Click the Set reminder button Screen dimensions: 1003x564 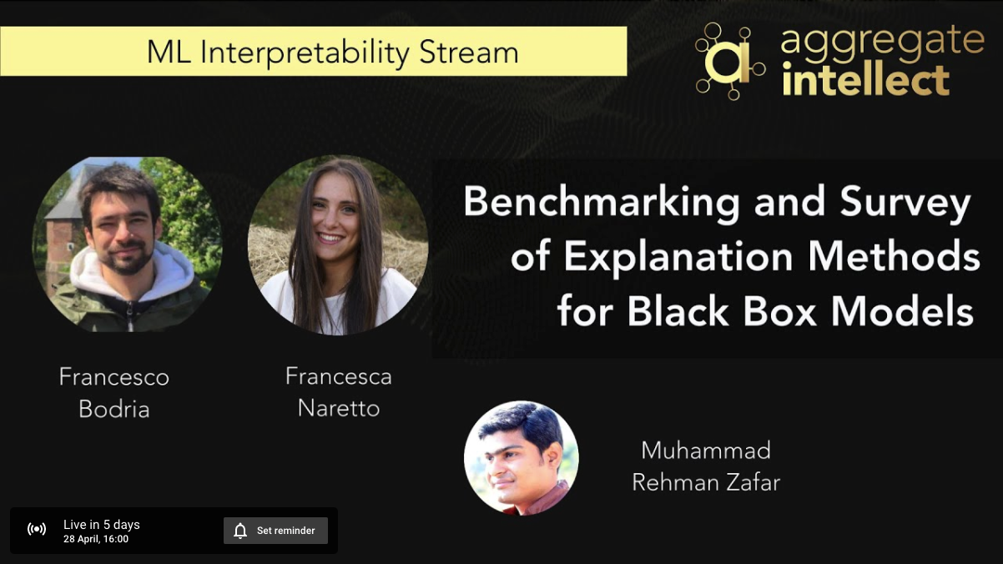[x=275, y=531]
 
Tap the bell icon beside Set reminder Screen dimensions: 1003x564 [x=240, y=531]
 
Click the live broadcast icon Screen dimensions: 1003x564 [x=36, y=529]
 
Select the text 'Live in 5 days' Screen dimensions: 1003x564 [x=102, y=524]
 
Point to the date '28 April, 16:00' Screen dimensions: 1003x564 [x=96, y=539]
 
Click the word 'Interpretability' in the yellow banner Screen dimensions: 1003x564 [x=305, y=53]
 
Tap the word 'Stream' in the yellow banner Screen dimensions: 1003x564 [x=469, y=53]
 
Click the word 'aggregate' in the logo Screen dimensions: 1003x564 [x=883, y=41]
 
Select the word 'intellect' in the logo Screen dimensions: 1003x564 [x=865, y=81]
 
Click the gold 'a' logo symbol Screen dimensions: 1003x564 [x=730, y=62]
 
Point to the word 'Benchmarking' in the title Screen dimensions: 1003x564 [x=602, y=203]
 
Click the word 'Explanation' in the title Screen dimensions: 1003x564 [x=678, y=257]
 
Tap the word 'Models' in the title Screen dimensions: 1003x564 [x=902, y=311]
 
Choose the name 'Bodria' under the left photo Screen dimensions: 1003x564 [x=114, y=409]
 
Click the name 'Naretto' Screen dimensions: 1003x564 [x=339, y=408]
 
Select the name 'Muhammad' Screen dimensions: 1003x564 [x=706, y=451]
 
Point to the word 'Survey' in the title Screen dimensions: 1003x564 [x=905, y=204]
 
